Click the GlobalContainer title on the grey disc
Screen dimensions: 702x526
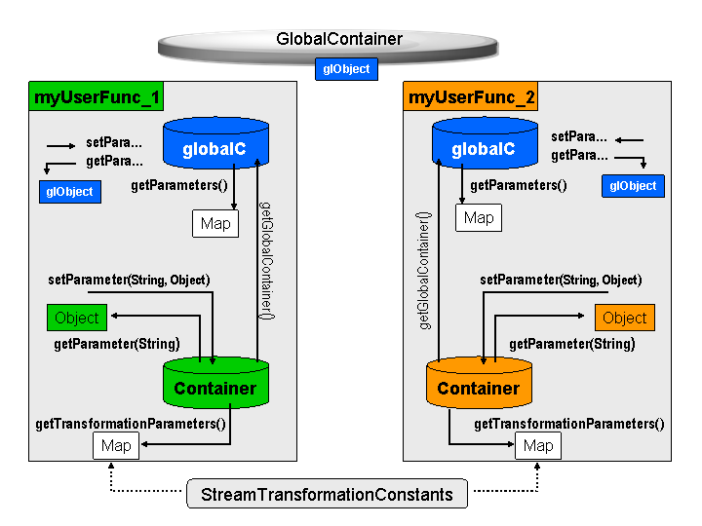pos(339,39)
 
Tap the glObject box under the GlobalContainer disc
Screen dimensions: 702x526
pos(346,69)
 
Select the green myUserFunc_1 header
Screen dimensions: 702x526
pos(97,96)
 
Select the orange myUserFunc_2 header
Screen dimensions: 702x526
pos(471,96)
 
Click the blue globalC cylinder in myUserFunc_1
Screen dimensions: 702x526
pos(215,143)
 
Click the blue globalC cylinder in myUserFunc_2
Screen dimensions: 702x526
pos(485,143)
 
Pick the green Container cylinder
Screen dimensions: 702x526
pos(215,383)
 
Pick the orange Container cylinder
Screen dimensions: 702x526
pos(479,383)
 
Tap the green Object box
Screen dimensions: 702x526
pos(77,318)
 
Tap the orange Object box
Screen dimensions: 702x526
pos(625,318)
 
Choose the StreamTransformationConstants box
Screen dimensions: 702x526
pos(327,494)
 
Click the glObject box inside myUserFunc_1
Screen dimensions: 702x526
pos(70,192)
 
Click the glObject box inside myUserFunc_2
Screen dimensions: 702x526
pos(633,186)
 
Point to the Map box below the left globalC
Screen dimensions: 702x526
pos(215,223)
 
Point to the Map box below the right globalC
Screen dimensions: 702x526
pos(479,218)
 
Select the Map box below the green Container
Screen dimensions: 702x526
pos(116,445)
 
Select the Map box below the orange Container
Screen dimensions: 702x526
pos(538,445)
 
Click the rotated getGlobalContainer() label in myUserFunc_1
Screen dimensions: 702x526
pos(267,260)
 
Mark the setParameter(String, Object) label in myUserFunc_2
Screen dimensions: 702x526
pos(561,280)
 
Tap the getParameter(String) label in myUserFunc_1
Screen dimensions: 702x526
pos(117,344)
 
